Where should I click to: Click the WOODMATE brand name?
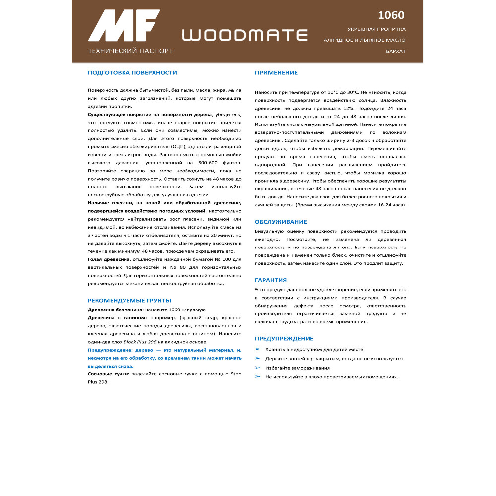(245, 35)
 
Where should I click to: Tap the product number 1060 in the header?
(391, 15)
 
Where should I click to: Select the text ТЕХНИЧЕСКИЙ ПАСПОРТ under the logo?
(130, 51)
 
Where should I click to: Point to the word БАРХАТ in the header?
(395, 51)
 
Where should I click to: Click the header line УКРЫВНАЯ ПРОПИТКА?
(376, 29)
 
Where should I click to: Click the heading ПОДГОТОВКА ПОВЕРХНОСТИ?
(132, 73)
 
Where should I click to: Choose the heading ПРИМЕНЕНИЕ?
(276, 73)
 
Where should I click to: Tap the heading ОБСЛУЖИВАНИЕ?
(281, 222)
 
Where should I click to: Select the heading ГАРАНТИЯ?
(271, 280)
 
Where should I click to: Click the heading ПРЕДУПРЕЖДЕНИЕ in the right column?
(284, 338)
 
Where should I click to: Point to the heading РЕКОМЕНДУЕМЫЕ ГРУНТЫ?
(129, 300)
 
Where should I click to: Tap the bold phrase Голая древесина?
(109, 259)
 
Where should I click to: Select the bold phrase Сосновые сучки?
(109, 374)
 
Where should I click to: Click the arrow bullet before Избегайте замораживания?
(258, 368)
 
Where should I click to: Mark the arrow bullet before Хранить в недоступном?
(258, 349)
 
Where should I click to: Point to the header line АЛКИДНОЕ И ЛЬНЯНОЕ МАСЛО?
(365, 40)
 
